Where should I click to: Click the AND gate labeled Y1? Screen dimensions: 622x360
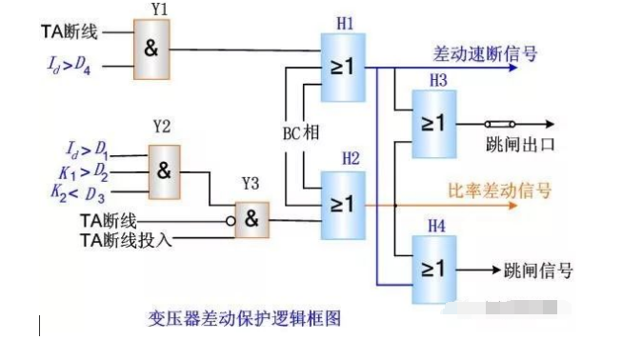pyautogui.click(x=151, y=50)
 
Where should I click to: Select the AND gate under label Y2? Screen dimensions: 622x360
pyautogui.click(x=164, y=171)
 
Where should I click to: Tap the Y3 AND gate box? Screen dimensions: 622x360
pyautogui.click(x=251, y=220)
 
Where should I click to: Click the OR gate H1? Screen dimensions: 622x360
pyautogui.click(x=343, y=68)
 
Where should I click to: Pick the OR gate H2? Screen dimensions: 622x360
pyautogui.click(x=343, y=206)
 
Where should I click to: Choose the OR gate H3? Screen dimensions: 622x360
pyautogui.click(x=434, y=124)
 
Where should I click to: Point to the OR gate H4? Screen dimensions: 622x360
pyautogui.click(x=434, y=270)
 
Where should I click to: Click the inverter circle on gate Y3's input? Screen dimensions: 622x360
pyautogui.click(x=231, y=221)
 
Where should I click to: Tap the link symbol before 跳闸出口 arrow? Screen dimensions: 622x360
pyautogui.click(x=500, y=124)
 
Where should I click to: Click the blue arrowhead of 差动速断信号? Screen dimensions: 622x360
pyautogui.click(x=513, y=68)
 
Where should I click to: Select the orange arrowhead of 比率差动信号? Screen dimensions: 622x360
pyautogui.click(x=513, y=206)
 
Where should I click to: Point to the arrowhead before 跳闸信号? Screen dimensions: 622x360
pyautogui.click(x=496, y=270)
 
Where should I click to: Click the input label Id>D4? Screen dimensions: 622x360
pyautogui.click(x=69, y=65)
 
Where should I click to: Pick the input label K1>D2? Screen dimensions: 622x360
pyautogui.click(x=83, y=172)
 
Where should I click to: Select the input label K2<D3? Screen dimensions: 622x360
pyautogui.click(x=78, y=194)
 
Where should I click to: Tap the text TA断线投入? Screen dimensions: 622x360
pyautogui.click(x=126, y=240)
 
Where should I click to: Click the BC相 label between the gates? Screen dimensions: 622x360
pyautogui.click(x=301, y=132)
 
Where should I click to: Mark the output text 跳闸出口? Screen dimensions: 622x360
pyautogui.click(x=520, y=145)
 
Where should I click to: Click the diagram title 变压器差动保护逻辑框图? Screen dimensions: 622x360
pyautogui.click(x=245, y=318)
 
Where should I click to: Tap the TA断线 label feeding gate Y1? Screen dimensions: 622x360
pyautogui.click(x=70, y=31)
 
